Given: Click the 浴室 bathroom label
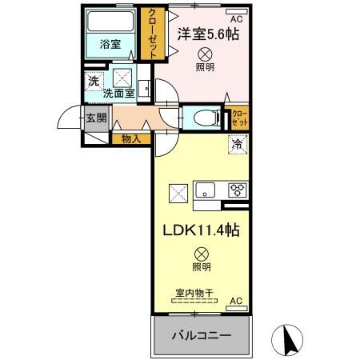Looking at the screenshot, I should [x=111, y=45].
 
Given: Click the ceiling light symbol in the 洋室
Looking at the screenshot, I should [x=205, y=54].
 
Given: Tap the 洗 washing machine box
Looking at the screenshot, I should [x=94, y=80].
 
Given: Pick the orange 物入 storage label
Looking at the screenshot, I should [x=132, y=138].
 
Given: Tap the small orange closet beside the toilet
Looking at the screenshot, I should [x=240, y=118].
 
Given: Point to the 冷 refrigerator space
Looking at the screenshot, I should [x=238, y=145].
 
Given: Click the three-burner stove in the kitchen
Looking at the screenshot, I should [x=238, y=190].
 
